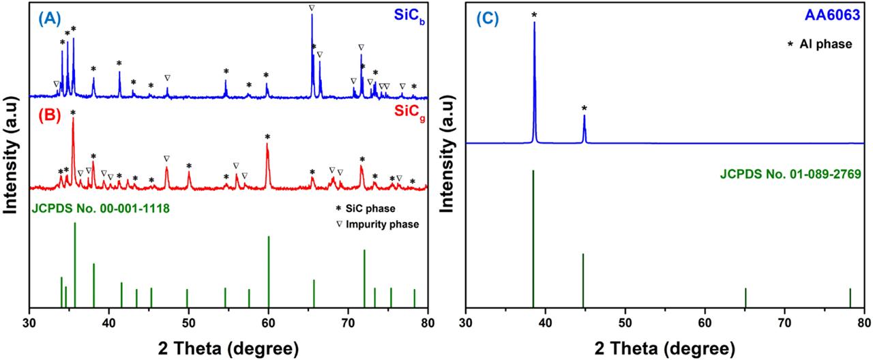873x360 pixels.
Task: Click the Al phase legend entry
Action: click(x=822, y=45)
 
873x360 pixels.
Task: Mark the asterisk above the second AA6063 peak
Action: click(x=584, y=108)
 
